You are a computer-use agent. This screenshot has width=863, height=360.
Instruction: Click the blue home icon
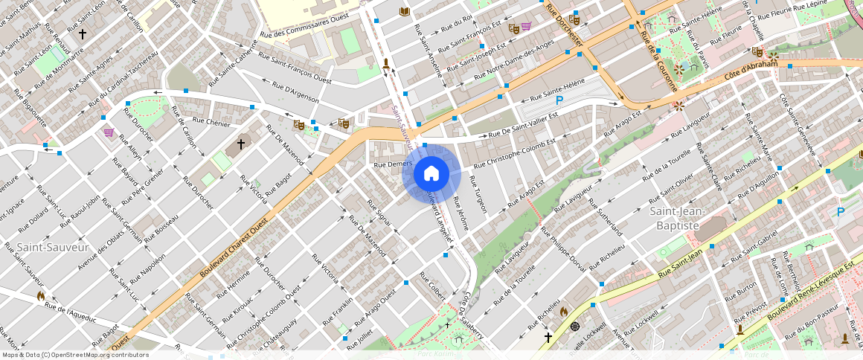point(431,174)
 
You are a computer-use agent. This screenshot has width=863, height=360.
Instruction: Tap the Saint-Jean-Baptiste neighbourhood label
point(675,218)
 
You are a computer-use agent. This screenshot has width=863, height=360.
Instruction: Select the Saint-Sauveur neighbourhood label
point(53,247)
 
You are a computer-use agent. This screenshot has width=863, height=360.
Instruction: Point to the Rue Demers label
point(392,163)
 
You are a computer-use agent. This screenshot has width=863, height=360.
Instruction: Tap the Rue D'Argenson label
point(295,92)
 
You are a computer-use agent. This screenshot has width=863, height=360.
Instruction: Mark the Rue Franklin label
point(338,312)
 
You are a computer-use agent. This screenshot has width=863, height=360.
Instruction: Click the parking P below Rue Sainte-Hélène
point(559,100)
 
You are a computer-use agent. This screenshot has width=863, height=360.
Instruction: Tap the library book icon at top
point(405,11)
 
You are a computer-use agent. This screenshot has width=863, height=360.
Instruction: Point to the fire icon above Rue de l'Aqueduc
point(41,295)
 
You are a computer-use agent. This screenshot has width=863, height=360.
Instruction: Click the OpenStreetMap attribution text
point(74,355)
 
